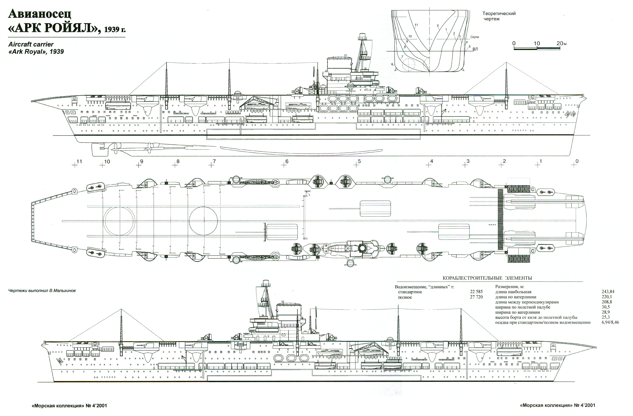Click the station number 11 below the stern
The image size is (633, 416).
point(79,161)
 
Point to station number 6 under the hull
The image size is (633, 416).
point(287,161)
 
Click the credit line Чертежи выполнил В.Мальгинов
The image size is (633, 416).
point(42,291)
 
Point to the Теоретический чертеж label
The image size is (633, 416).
point(499,16)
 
